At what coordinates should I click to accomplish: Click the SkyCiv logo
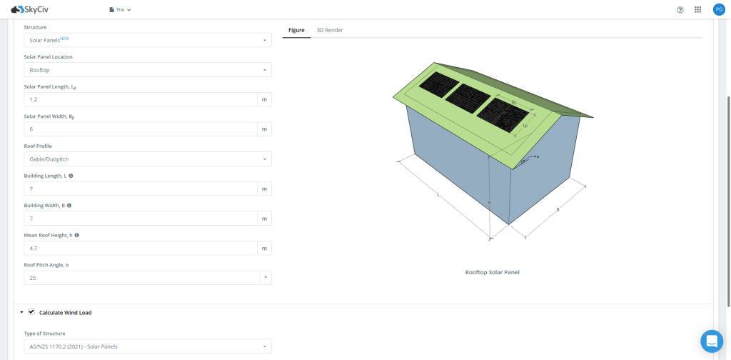30,9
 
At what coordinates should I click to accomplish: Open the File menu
120,10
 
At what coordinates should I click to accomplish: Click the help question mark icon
680,10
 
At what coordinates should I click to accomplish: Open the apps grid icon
697,10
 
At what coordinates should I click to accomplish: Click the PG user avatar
718,10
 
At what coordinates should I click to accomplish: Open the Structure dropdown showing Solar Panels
147,41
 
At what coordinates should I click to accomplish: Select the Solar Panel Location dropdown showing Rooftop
147,70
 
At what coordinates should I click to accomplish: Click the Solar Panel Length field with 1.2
141,99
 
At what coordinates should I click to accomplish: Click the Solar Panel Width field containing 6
141,129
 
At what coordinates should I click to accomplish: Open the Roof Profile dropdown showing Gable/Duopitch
147,159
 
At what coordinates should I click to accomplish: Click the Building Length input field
141,189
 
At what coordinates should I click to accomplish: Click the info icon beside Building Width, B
69,205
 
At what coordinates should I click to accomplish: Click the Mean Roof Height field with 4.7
141,248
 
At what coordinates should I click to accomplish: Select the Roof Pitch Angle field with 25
141,278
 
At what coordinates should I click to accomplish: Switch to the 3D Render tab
329,30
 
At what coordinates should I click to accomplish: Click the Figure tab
296,30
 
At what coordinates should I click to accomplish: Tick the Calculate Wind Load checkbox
31,312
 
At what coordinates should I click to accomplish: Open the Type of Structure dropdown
147,346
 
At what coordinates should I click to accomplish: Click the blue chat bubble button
711,341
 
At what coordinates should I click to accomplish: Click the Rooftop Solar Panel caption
492,272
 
